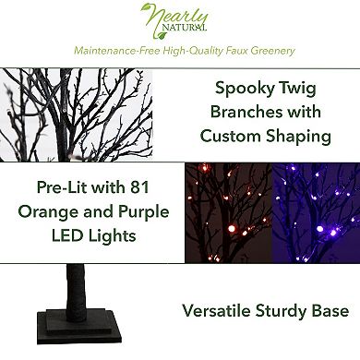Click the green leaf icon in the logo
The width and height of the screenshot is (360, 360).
click(148, 14)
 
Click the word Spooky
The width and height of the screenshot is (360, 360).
click(245, 90)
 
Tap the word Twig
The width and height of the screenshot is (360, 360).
click(306, 90)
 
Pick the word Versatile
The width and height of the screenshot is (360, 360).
click(222, 311)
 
